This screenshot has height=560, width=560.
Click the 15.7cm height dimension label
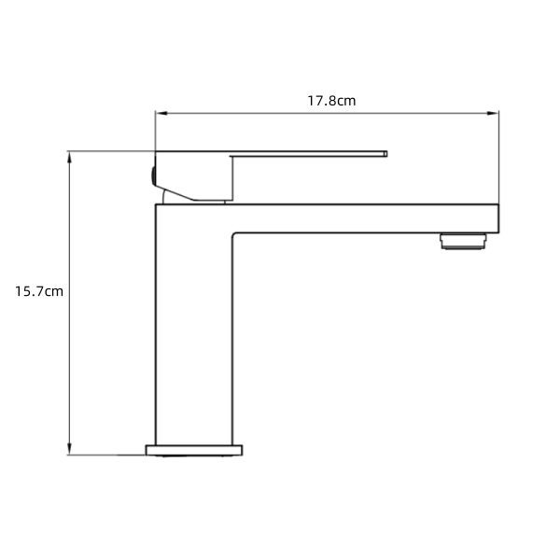pos(39,291)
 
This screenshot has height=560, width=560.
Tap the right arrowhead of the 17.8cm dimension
pos(494,115)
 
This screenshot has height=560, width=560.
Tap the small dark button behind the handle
pos(151,175)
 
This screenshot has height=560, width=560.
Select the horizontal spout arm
pos(364,217)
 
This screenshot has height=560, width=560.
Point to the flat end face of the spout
pos(499,217)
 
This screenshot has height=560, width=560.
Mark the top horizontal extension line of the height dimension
pos(107,150)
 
